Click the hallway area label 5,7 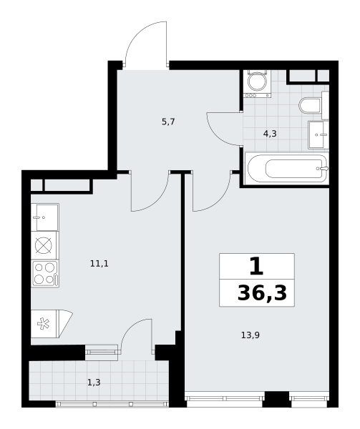pyautogui.click(x=168, y=122)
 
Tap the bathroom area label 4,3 pyautogui.click(x=270, y=134)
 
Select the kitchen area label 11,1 pyautogui.click(x=99, y=264)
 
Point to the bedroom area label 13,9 pyautogui.click(x=250, y=335)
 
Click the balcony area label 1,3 pyautogui.click(x=94, y=383)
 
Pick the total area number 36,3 pyautogui.click(x=262, y=293)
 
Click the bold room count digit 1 pyautogui.click(x=256, y=267)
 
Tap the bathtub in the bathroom pyautogui.click(x=287, y=169)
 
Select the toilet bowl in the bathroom pyautogui.click(x=310, y=105)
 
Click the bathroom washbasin pyautogui.click(x=318, y=135)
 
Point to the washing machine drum pyautogui.click(x=258, y=82)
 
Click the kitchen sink pyautogui.click(x=45, y=217)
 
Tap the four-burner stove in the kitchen pyautogui.click(x=45, y=274)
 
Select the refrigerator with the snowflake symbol pyautogui.click(x=52, y=324)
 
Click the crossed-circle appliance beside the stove pyautogui.click(x=44, y=245)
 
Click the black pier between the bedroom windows pyautogui.click(x=277, y=399)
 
